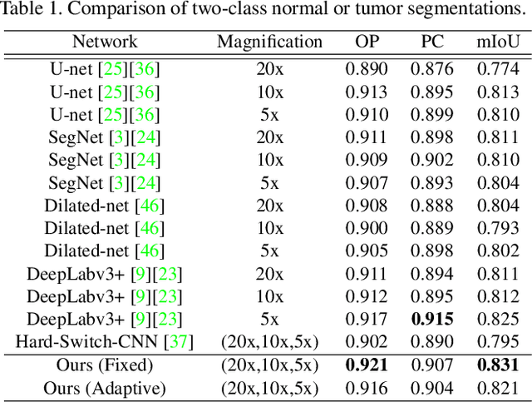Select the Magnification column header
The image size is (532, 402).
click(x=269, y=41)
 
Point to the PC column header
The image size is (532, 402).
click(x=432, y=41)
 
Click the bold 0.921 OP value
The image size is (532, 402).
click(x=367, y=364)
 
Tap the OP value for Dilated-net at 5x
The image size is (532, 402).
click(x=367, y=251)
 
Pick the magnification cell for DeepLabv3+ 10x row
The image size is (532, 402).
click(x=269, y=295)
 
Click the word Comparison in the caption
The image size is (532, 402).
click(x=113, y=12)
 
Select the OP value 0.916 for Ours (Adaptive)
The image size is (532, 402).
click(x=367, y=387)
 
